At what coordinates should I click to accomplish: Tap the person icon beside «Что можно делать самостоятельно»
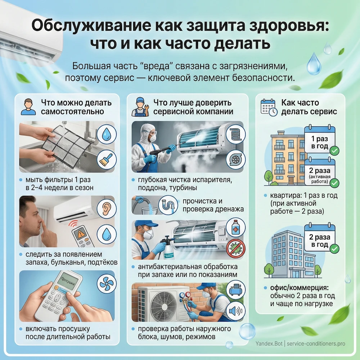[x=28, y=107]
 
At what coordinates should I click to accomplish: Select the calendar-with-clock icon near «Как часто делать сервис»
[x=268, y=107]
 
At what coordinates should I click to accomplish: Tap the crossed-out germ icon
[x=235, y=248]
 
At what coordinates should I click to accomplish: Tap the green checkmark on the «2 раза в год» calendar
[x=334, y=248]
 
